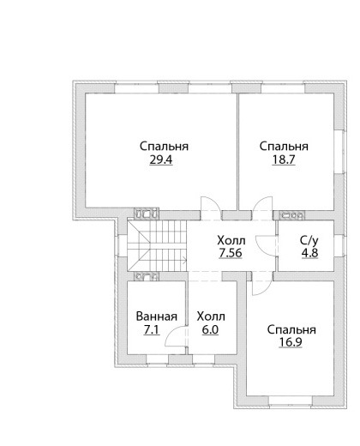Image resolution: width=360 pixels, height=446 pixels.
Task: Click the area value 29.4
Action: click(x=161, y=160)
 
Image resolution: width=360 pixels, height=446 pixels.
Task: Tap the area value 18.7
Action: click(x=284, y=160)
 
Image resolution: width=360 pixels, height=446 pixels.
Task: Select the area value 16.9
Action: click(x=291, y=342)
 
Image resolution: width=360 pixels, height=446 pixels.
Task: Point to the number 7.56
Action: click(x=231, y=253)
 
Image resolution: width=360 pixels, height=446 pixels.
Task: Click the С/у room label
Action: click(x=309, y=241)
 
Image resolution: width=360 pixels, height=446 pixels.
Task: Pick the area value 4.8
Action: click(x=310, y=253)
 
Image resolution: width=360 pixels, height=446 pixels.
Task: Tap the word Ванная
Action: click(x=157, y=316)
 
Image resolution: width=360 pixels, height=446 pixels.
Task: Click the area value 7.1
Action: click(x=152, y=330)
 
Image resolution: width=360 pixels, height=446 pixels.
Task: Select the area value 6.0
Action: click(x=210, y=330)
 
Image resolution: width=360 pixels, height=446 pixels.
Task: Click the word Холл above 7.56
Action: click(x=231, y=240)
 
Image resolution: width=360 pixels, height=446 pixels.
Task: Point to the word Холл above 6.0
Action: click(x=211, y=316)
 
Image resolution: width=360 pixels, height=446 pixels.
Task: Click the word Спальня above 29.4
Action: click(x=164, y=147)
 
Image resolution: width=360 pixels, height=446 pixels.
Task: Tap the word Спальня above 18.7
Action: click(x=284, y=147)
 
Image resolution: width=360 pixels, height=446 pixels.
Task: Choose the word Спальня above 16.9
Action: click(x=291, y=329)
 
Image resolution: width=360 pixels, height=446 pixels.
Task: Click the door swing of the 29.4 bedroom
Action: click(x=213, y=202)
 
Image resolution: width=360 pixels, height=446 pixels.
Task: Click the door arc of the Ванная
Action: click(x=171, y=332)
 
